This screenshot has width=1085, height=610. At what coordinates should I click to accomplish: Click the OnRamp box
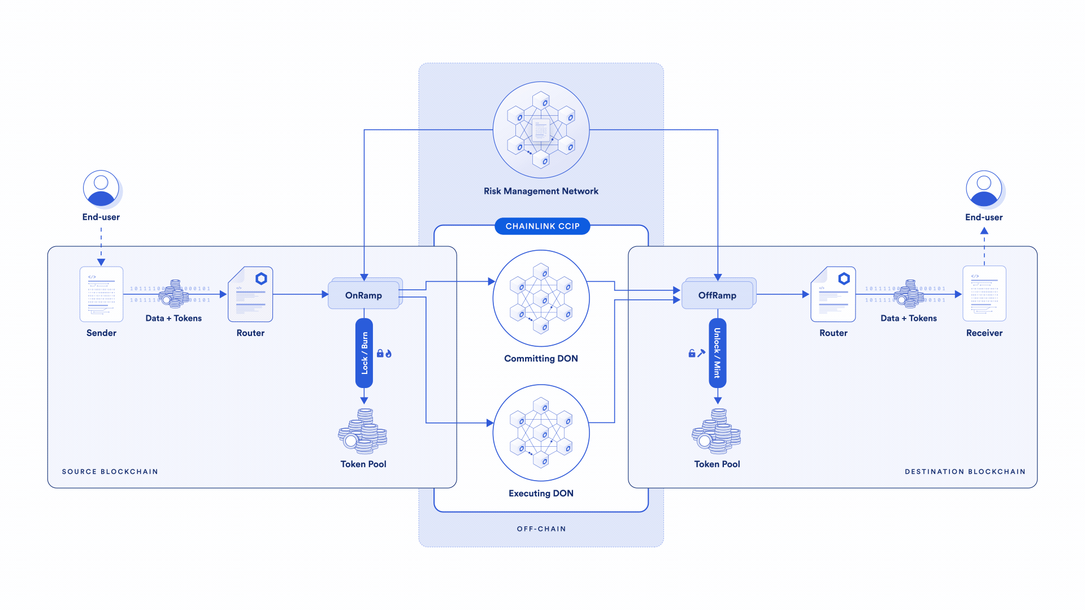(363, 295)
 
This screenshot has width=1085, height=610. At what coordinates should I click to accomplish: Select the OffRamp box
(717, 295)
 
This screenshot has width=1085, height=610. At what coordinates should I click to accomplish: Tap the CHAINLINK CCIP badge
(542, 226)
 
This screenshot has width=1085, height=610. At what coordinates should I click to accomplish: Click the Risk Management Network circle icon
(541, 130)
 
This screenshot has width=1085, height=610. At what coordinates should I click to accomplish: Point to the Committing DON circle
(541, 298)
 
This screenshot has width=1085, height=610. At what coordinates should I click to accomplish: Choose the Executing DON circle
(541, 433)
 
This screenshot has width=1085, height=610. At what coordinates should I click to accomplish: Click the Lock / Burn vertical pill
(364, 353)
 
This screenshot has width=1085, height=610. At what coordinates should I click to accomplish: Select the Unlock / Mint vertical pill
(717, 353)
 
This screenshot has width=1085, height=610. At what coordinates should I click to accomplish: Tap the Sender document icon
(101, 294)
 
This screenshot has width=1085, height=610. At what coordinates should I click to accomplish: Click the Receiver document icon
(984, 294)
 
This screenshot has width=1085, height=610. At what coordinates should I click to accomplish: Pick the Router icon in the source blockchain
(250, 294)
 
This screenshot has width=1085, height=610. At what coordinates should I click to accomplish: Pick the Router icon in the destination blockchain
(833, 294)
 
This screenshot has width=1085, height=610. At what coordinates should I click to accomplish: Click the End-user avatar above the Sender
(101, 189)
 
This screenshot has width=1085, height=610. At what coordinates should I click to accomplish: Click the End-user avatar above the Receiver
(984, 189)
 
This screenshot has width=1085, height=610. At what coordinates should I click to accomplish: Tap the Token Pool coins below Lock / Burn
(363, 432)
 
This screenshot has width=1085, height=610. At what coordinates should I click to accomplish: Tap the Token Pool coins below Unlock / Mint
(717, 432)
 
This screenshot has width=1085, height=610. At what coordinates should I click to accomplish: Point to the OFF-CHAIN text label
(541, 529)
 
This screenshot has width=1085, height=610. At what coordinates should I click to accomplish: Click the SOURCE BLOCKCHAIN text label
(110, 472)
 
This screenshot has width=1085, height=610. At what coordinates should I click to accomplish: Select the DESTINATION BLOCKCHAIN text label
(965, 472)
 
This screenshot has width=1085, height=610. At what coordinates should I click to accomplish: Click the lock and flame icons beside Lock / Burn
(384, 354)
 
